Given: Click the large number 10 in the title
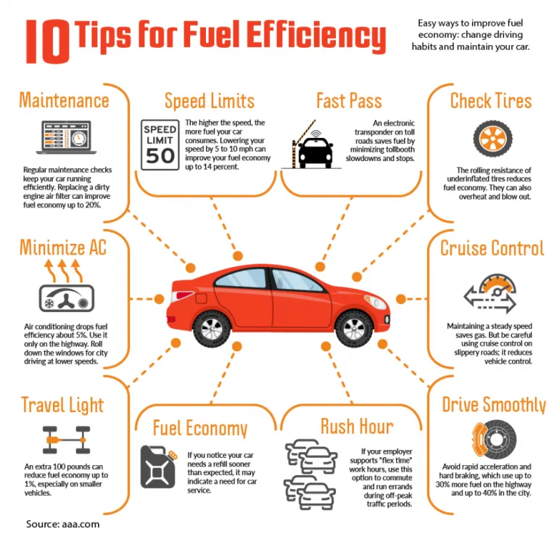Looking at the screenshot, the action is click(x=48, y=41).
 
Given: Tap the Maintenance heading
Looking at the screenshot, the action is click(x=64, y=100).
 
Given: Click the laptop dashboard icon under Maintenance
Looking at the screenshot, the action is click(x=66, y=137).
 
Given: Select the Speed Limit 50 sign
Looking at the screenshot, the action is click(x=160, y=145).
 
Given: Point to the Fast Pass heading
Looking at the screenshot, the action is click(x=350, y=101).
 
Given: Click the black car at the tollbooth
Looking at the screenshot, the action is click(x=315, y=152).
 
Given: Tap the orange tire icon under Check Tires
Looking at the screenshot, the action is click(x=492, y=139).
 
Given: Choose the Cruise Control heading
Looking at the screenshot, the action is click(x=492, y=248).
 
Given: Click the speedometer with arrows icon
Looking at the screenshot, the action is click(x=490, y=293).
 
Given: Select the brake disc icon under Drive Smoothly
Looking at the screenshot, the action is click(x=494, y=440).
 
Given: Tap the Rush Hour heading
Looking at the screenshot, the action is click(x=357, y=427).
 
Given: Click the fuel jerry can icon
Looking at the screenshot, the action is click(x=159, y=467).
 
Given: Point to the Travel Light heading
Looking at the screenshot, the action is click(x=62, y=406).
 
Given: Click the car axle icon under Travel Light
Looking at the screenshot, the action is click(x=67, y=440).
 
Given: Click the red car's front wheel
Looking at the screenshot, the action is click(x=354, y=329).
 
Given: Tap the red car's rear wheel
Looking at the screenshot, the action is click(x=212, y=329).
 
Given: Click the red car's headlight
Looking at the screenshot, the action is click(x=376, y=302).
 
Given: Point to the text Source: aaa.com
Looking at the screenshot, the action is click(x=62, y=524).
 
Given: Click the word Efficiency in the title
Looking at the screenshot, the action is click(x=315, y=36).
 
